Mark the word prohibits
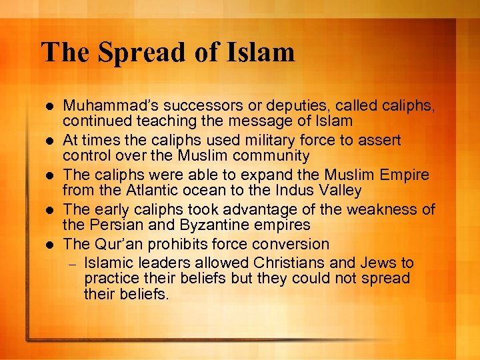[172, 245]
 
